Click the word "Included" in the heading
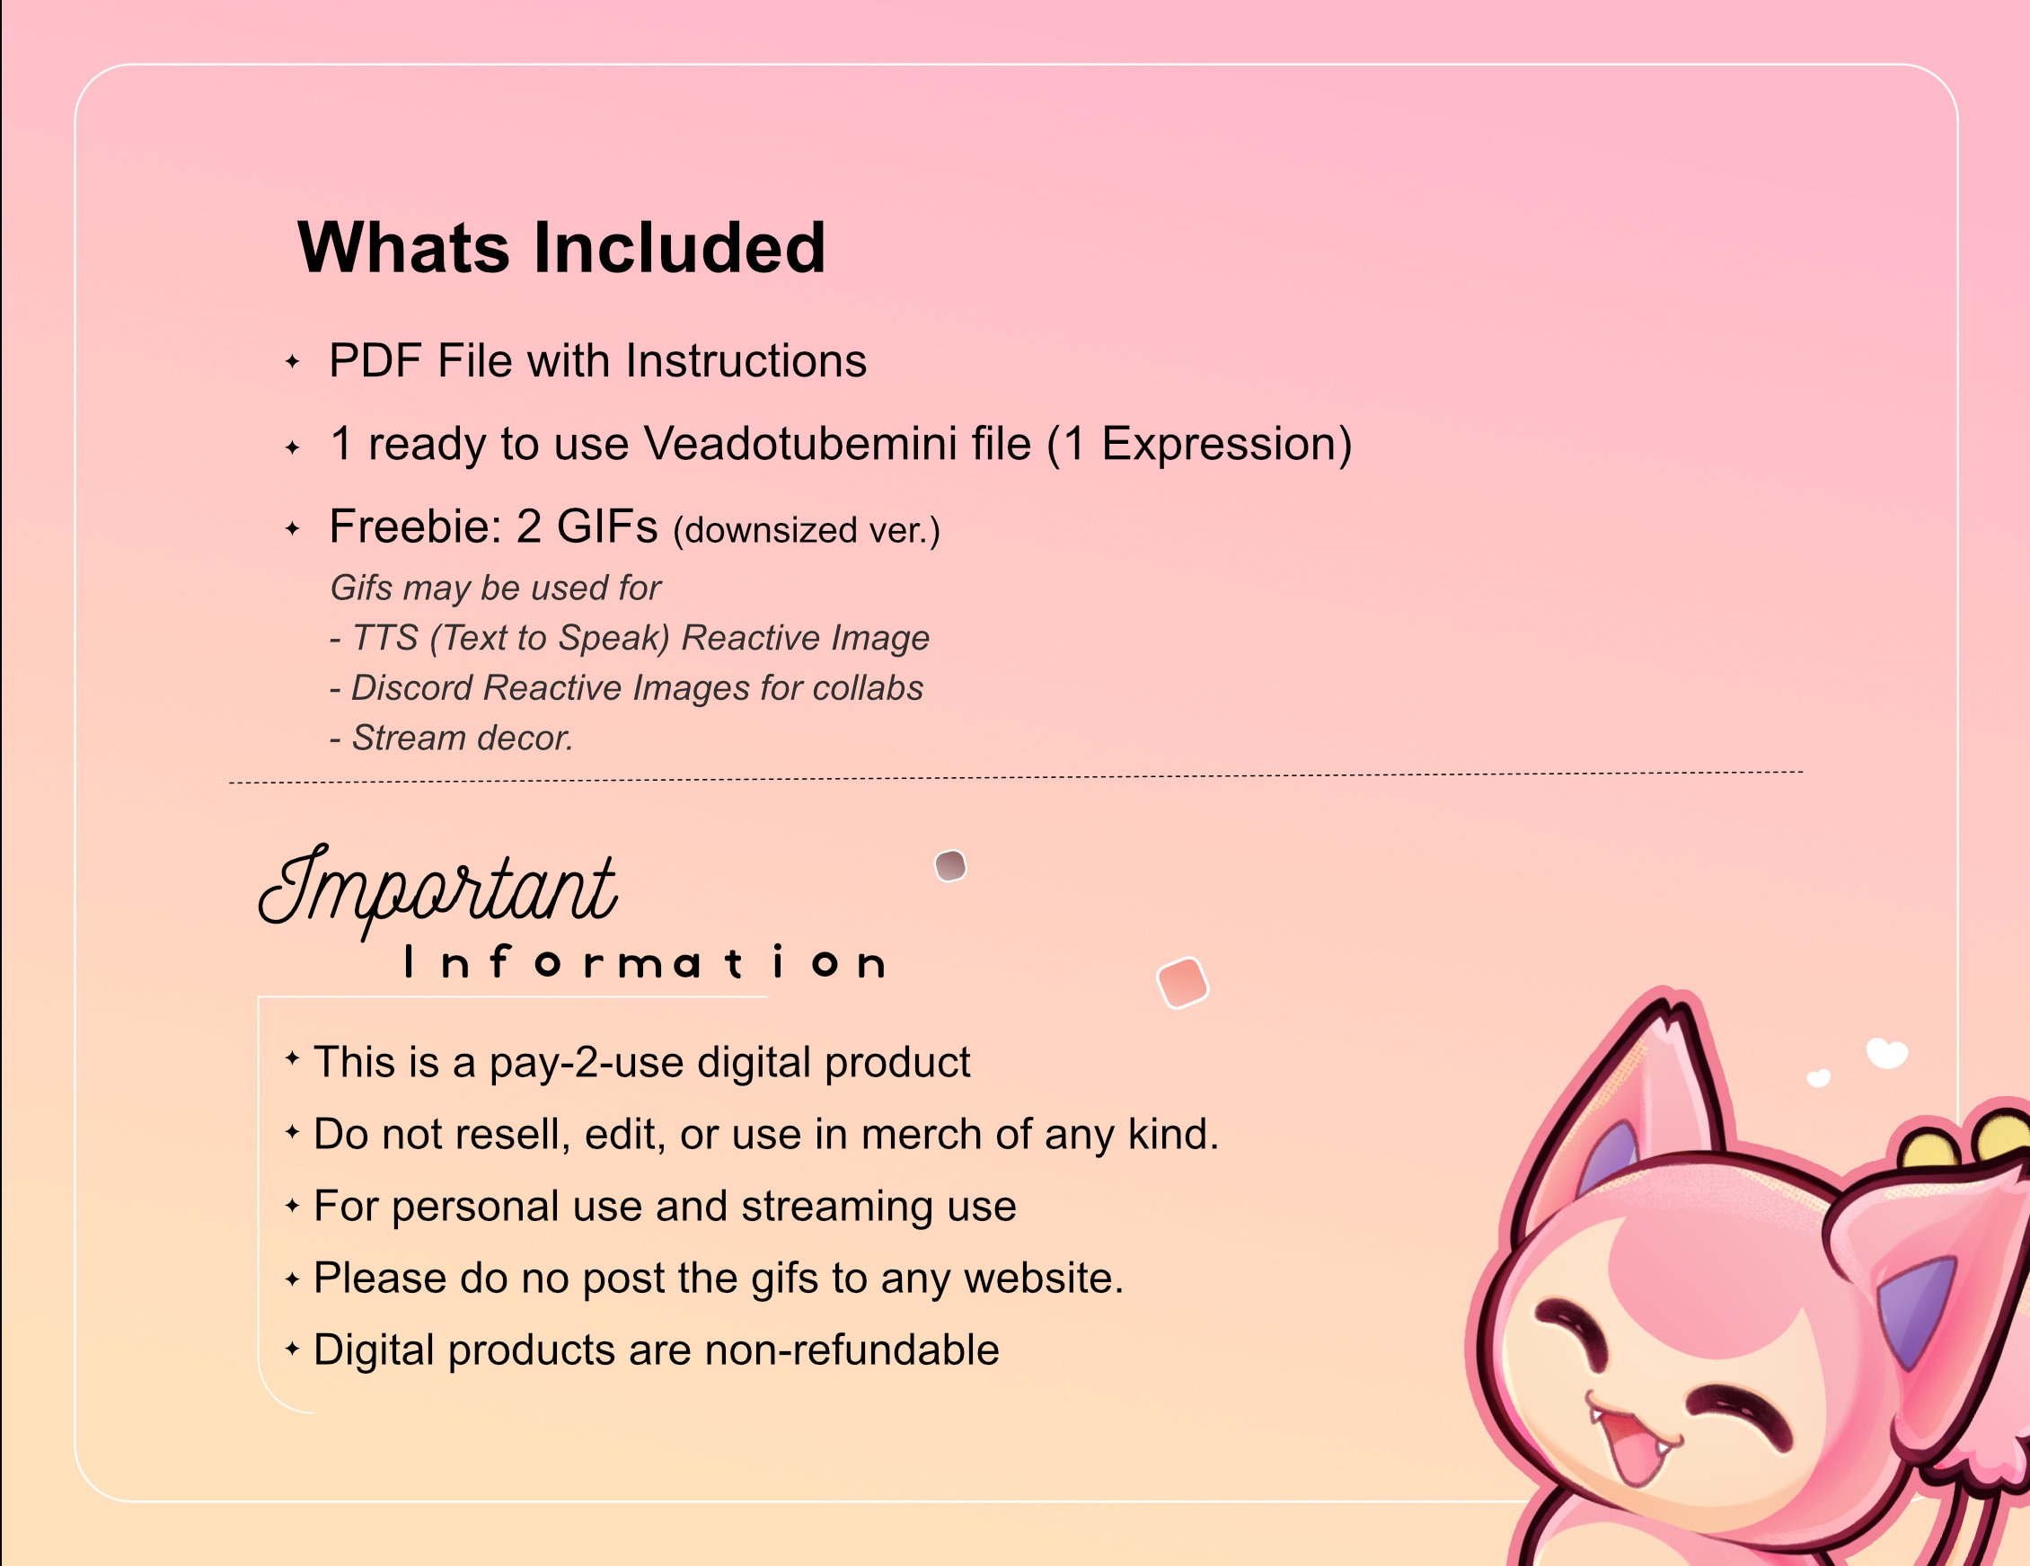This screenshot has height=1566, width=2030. pyautogui.click(x=679, y=248)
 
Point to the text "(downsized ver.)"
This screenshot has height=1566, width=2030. pyautogui.click(x=806, y=530)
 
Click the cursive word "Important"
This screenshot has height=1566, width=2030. pyautogui.click(x=437, y=888)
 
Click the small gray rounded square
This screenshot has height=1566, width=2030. pyautogui.click(x=950, y=866)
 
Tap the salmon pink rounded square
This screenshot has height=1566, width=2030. pyautogui.click(x=1181, y=982)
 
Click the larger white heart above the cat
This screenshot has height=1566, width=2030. pyautogui.click(x=1887, y=1054)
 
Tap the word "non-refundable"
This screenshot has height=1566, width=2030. pyautogui.click(x=852, y=1349)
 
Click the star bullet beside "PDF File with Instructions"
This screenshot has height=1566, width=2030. pyautogui.click(x=292, y=362)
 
